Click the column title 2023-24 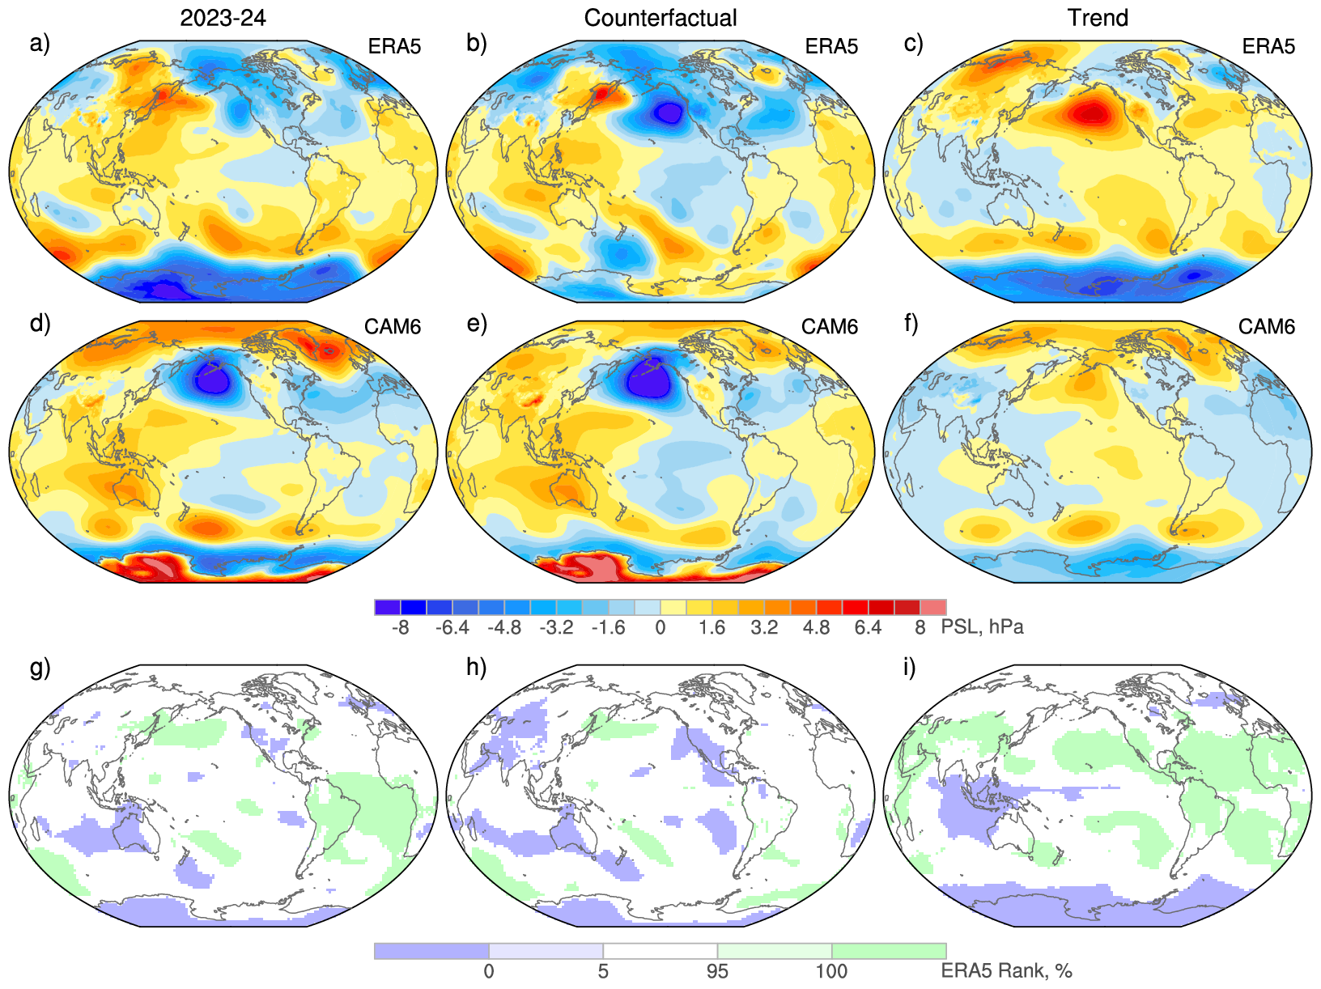(x=223, y=18)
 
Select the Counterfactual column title (x=660, y=18)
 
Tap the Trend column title (x=1098, y=18)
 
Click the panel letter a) (x=40, y=43)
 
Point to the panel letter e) (x=477, y=324)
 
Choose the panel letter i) (x=911, y=668)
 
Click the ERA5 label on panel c (x=1268, y=46)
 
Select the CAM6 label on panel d (x=393, y=326)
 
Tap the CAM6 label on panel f (x=1267, y=326)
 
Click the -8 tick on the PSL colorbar (x=400, y=628)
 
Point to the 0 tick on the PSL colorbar (x=660, y=628)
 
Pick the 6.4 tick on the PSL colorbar (x=868, y=628)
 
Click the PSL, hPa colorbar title (x=982, y=627)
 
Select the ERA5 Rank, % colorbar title (x=1006, y=971)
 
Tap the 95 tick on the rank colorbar (x=717, y=971)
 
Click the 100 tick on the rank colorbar (x=831, y=971)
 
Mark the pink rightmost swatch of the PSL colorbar (x=933, y=608)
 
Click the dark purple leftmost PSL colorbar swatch (x=388, y=608)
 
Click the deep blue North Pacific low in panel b (x=669, y=112)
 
